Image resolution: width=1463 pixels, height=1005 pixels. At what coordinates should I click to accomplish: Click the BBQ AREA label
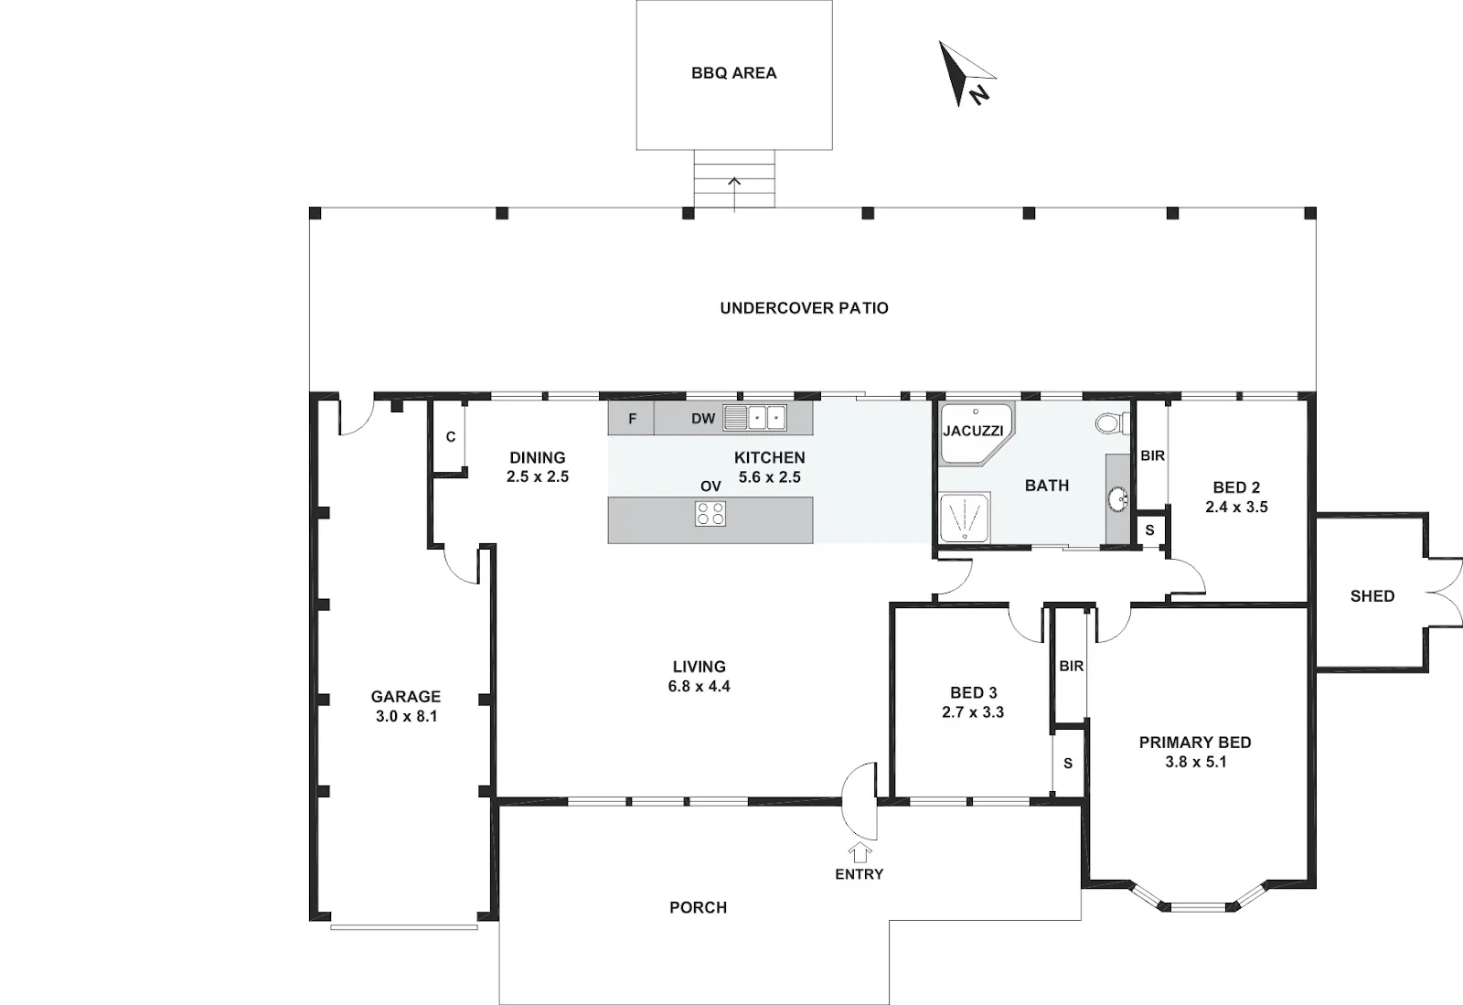pos(734,73)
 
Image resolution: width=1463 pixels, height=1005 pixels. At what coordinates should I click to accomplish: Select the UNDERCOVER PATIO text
pos(804,308)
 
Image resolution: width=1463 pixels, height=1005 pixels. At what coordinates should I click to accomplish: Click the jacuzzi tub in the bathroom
pos(976,433)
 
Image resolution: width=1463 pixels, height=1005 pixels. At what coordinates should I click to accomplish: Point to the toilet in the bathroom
pos(1112,423)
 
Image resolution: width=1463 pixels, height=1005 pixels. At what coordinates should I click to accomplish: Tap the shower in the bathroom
pos(965,518)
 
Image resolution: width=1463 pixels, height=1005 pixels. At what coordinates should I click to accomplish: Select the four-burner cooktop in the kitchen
pos(710,513)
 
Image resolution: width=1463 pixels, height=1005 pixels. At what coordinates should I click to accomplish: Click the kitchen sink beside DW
pos(754,418)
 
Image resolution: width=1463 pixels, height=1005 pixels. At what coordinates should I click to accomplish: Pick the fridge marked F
pos(631,419)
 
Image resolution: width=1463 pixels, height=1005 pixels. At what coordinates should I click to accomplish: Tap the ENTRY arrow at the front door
pos(860,853)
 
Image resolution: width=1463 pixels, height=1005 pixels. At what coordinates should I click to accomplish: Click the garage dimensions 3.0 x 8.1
pos(406,716)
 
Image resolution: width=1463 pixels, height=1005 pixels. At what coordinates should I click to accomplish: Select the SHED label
pos(1372,596)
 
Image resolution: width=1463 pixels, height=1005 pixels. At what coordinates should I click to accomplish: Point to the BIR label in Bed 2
pos(1152,455)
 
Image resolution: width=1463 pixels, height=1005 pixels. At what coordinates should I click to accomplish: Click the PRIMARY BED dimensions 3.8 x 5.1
pos(1195,762)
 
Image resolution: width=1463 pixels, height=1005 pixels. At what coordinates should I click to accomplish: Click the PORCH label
pos(699,908)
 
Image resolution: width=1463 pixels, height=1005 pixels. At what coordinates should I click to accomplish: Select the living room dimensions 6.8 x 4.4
pos(699,687)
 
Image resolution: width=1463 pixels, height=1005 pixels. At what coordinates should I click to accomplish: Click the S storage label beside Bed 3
pos(1068,764)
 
